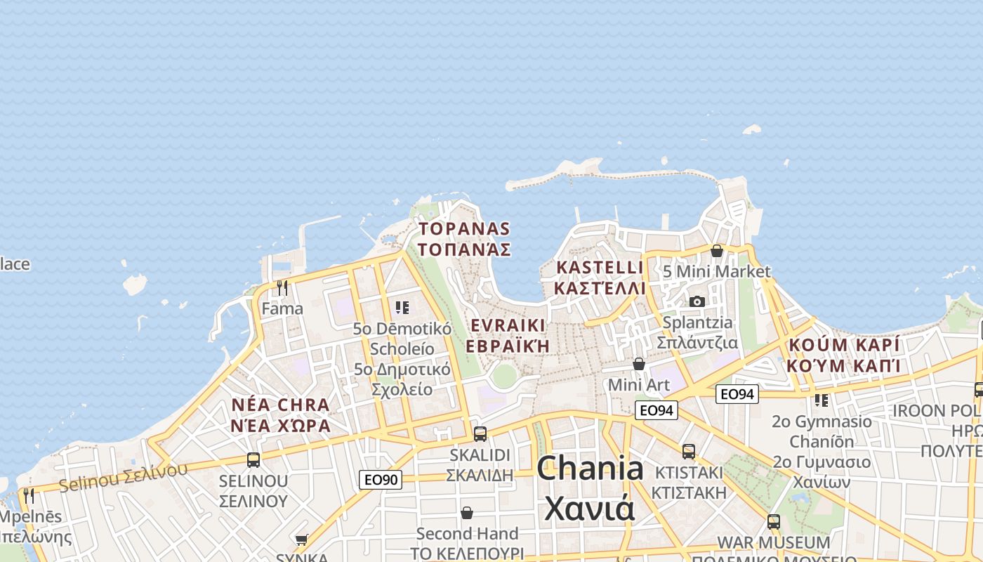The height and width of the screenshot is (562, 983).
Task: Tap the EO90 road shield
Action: [x=381, y=480]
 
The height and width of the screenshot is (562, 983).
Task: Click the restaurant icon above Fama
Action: [x=282, y=288]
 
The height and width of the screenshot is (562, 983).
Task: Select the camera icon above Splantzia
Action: [x=697, y=301]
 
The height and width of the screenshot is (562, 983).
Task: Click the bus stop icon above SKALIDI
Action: [x=480, y=434]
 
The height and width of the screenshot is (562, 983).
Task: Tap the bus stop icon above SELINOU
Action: [x=253, y=460]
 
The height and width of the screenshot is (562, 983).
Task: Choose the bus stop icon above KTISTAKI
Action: [x=689, y=452]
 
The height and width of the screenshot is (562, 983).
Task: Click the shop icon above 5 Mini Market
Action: [x=717, y=251]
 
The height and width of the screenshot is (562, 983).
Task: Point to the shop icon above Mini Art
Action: [x=639, y=364]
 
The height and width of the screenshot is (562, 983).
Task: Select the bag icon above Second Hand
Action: [x=467, y=514]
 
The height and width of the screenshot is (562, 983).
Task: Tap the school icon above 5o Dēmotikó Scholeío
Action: [x=402, y=308]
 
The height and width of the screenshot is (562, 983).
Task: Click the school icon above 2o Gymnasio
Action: [x=822, y=400]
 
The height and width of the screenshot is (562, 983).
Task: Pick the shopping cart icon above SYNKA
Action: [x=302, y=540]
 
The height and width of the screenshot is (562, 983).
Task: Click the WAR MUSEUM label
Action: [x=773, y=542]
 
